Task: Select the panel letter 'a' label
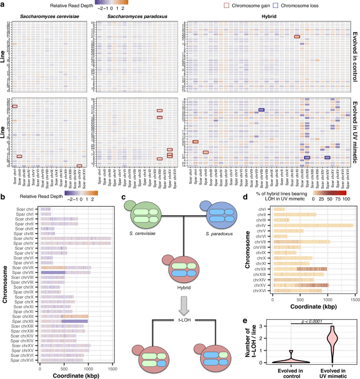3,4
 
